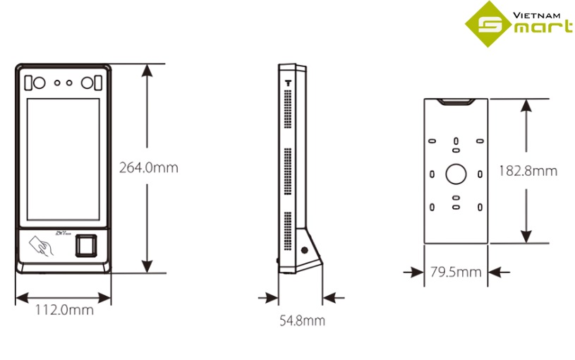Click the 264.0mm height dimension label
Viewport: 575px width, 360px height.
148,168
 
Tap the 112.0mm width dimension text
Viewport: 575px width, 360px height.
64,309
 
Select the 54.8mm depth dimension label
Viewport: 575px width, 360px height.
302,320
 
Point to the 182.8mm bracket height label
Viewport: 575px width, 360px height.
527,171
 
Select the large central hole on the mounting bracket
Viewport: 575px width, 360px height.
456,173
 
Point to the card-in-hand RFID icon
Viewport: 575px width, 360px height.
39,246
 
